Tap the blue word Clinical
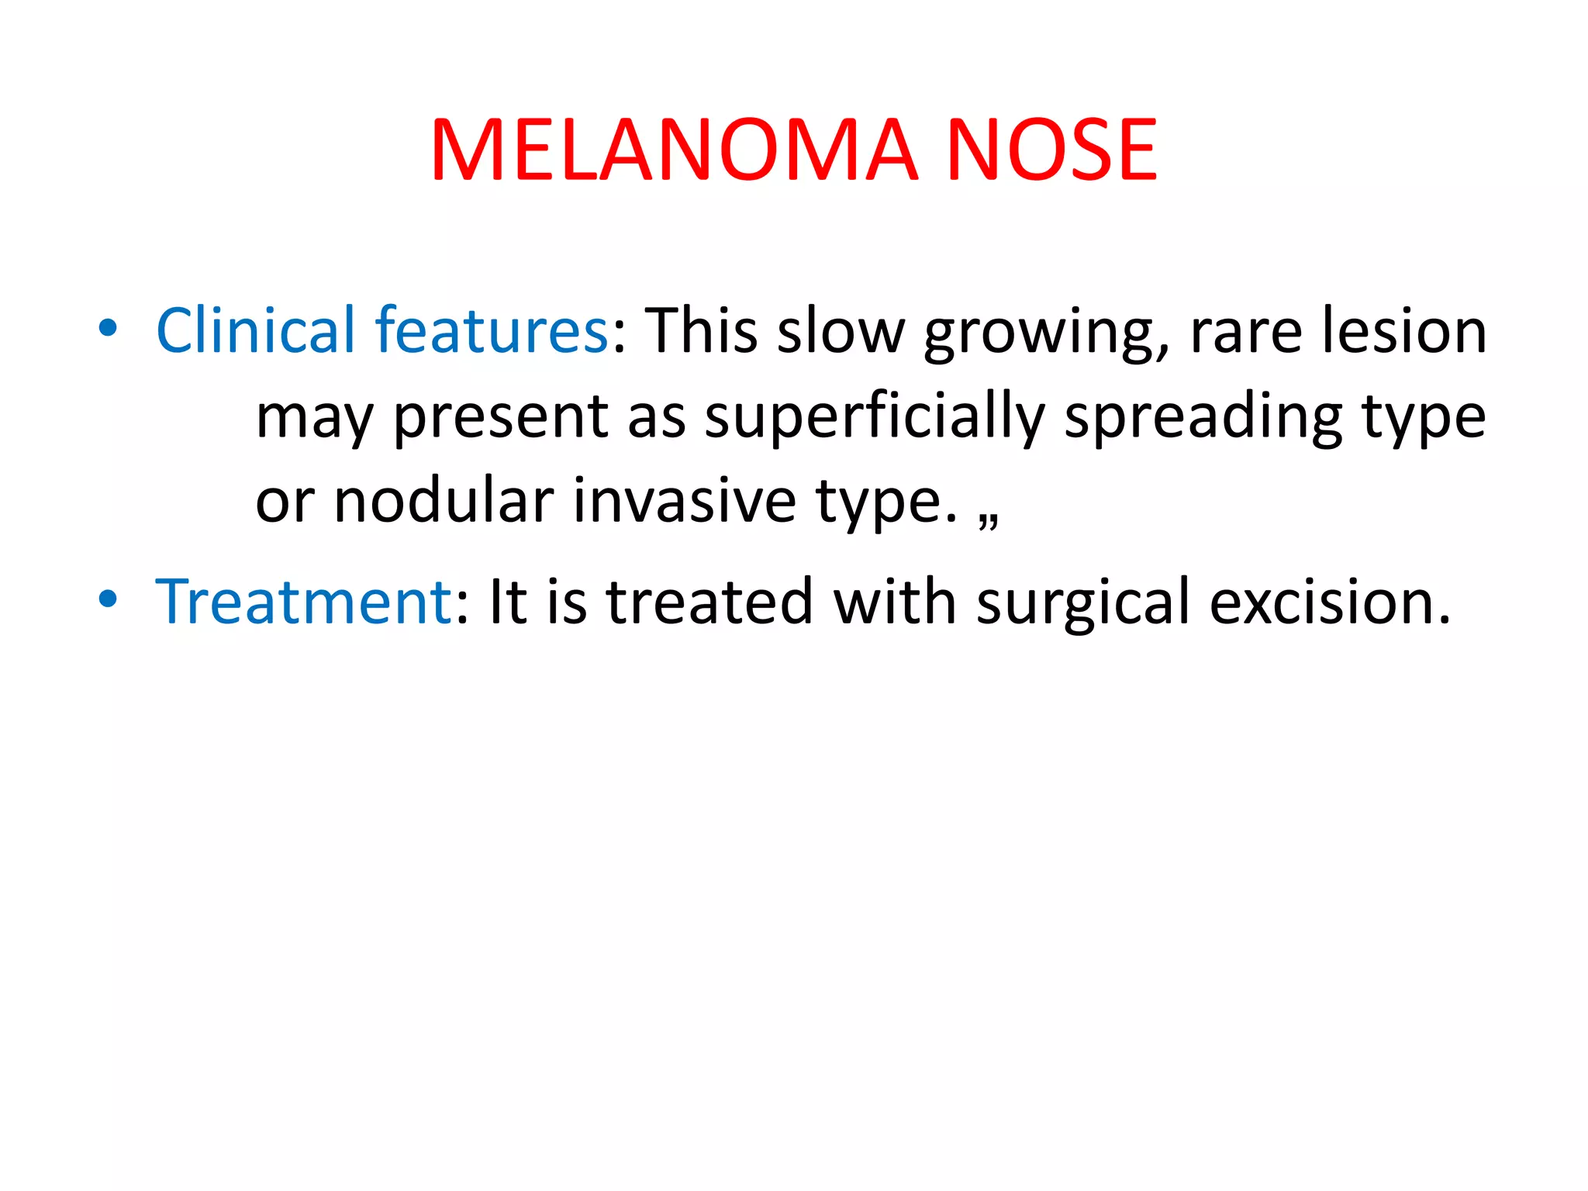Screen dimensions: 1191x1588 (x=255, y=330)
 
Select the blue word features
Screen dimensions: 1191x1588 (x=492, y=330)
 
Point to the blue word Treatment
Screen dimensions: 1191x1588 (x=303, y=602)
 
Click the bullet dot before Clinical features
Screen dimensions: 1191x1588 (x=108, y=328)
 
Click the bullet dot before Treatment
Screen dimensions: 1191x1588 (x=108, y=599)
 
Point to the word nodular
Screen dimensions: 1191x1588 (x=444, y=501)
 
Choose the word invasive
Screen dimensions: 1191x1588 (x=685, y=501)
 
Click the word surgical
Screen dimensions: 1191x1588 (x=1082, y=603)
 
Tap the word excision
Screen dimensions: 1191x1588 (x=1329, y=602)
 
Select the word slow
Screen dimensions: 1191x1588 (x=841, y=330)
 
